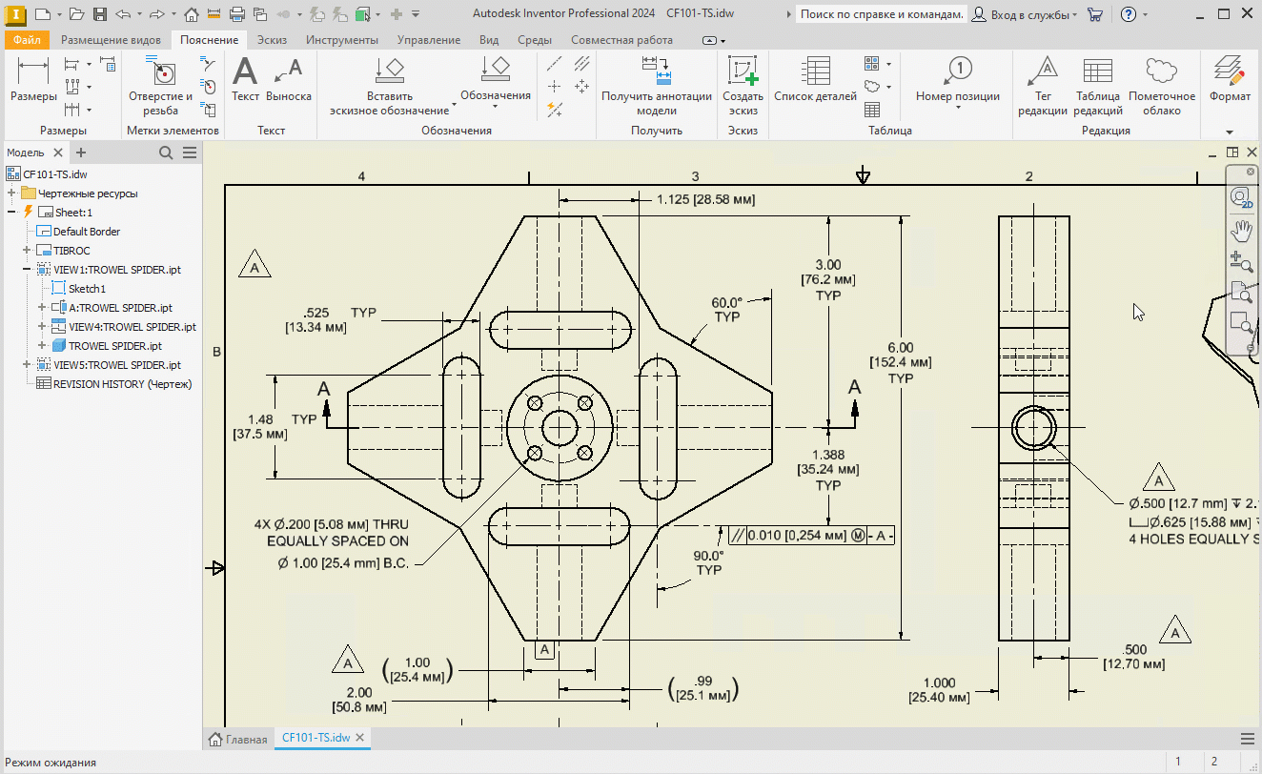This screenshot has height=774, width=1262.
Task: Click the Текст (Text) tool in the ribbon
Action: click(245, 79)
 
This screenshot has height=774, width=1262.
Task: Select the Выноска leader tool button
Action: click(289, 79)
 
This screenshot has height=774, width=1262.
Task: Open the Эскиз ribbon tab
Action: click(272, 40)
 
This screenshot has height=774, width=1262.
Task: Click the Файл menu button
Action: click(27, 40)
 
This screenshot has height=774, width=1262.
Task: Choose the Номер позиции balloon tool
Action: click(958, 79)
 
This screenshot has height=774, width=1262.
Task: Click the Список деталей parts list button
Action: click(815, 79)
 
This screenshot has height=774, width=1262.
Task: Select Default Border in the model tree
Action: click(86, 232)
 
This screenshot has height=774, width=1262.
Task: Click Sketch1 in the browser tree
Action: click(87, 289)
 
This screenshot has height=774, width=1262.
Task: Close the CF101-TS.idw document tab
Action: click(360, 738)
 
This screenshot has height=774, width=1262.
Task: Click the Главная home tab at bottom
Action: click(237, 739)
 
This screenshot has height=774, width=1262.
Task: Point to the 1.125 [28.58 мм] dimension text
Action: click(706, 199)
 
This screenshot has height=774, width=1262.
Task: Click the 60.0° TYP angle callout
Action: click(726, 310)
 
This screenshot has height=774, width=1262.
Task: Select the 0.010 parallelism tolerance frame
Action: click(811, 535)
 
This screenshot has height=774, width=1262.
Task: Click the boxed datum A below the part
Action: click(544, 649)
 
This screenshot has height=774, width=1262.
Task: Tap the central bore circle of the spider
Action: click(560, 411)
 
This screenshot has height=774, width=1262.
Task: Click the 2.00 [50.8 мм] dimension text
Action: click(359, 700)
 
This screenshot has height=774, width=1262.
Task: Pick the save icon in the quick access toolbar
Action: click(100, 14)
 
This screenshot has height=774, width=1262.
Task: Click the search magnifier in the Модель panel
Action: click(166, 153)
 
